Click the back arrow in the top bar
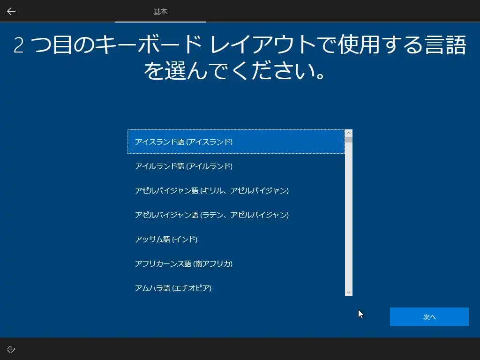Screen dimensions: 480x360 tap(11, 11)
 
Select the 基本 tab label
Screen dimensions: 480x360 tap(160, 12)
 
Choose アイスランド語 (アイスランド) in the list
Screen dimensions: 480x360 tap(184, 142)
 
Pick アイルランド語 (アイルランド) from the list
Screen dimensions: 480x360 tap(184, 166)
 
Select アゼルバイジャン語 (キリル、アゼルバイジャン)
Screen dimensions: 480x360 tap(212, 190)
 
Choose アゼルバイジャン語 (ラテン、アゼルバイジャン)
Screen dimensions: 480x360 tap(212, 215)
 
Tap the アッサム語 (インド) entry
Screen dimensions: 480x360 tap(166, 239)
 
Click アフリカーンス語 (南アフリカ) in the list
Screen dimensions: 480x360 tap(184, 263)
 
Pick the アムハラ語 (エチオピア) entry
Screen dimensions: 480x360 tap(173, 288)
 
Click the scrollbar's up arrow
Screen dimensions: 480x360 tap(349, 133)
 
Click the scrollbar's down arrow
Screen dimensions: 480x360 tap(349, 292)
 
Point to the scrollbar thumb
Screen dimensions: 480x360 tap(349, 140)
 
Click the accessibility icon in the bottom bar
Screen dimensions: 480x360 tap(11, 349)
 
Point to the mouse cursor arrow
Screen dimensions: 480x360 tap(360, 314)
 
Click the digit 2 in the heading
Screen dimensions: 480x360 tap(18, 45)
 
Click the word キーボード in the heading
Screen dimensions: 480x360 tap(148, 45)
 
